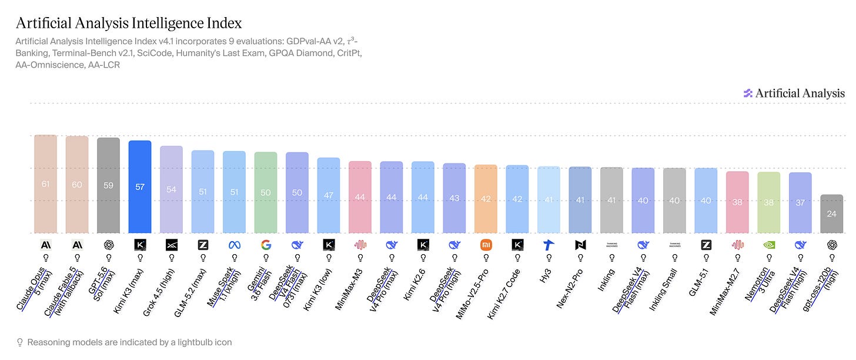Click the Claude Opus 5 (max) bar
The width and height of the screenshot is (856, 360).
click(x=45, y=184)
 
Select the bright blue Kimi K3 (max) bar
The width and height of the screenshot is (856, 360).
click(x=140, y=187)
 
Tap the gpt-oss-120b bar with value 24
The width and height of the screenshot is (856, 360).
click(x=831, y=214)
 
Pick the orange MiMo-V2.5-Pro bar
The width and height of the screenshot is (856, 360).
click(x=486, y=199)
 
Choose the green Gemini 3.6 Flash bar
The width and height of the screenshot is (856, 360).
click(x=266, y=192)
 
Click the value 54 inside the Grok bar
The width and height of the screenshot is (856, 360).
click(x=171, y=189)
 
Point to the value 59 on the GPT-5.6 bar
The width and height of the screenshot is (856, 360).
click(x=109, y=185)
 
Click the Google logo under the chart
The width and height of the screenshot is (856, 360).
click(x=266, y=245)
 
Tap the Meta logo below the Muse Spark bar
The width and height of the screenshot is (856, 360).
click(x=234, y=245)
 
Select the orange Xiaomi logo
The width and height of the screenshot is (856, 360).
click(x=486, y=245)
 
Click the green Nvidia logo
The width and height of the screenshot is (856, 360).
click(x=769, y=245)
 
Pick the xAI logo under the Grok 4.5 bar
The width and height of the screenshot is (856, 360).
click(x=172, y=245)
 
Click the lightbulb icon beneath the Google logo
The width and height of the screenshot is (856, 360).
click(x=266, y=258)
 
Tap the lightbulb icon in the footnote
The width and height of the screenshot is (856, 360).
click(x=20, y=342)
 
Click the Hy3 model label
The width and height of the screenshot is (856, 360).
click(x=546, y=275)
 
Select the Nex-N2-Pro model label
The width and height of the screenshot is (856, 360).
click(x=569, y=289)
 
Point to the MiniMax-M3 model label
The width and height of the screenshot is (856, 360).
click(x=349, y=289)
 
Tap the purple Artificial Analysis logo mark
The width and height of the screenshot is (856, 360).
click(x=748, y=94)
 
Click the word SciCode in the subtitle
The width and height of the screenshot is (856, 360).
click(x=155, y=53)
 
